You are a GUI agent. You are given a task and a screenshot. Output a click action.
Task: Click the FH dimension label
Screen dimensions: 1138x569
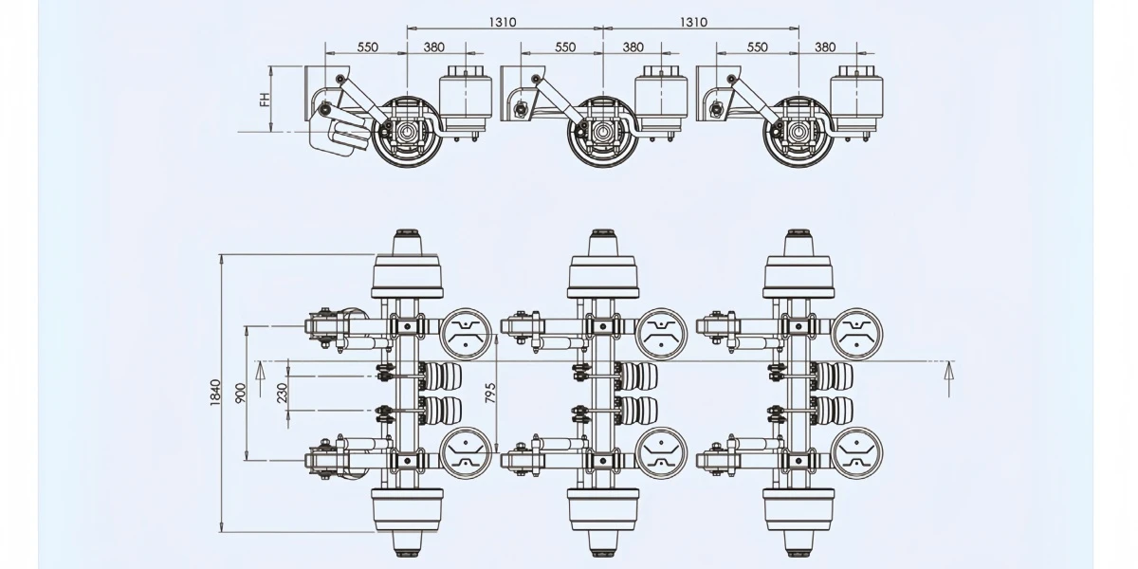[265, 99]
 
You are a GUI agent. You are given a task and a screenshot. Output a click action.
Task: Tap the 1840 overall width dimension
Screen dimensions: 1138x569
[215, 393]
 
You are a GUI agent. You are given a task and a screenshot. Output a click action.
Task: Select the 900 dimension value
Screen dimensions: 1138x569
[241, 393]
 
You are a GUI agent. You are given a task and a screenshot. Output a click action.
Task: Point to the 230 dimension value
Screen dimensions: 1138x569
[283, 393]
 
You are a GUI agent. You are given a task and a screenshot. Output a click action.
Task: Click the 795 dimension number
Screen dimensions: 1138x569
[490, 393]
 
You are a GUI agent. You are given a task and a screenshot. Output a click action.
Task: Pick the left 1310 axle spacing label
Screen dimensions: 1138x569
[503, 23]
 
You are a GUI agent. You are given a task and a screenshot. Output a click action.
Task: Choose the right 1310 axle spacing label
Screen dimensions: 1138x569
[693, 23]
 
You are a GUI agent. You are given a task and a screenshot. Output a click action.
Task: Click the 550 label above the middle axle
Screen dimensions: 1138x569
[565, 47]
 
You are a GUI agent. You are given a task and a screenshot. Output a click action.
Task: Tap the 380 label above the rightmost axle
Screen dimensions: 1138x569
[825, 47]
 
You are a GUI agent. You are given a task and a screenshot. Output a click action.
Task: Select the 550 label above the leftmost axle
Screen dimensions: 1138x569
[367, 47]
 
